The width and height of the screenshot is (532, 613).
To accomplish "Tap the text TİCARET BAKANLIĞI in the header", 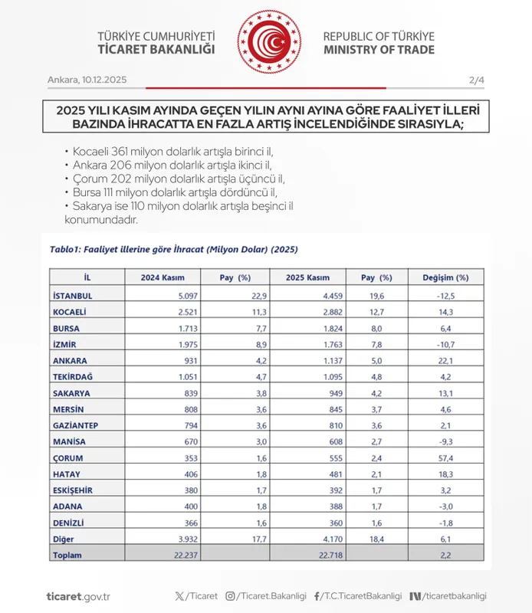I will click(156, 50).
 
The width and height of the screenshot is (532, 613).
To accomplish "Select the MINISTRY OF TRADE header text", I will click(378, 50).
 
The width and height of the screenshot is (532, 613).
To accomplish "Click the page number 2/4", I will click(476, 80).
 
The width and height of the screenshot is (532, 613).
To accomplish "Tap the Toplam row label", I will click(66, 555).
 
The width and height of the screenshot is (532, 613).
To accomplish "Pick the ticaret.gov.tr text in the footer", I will click(79, 595).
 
